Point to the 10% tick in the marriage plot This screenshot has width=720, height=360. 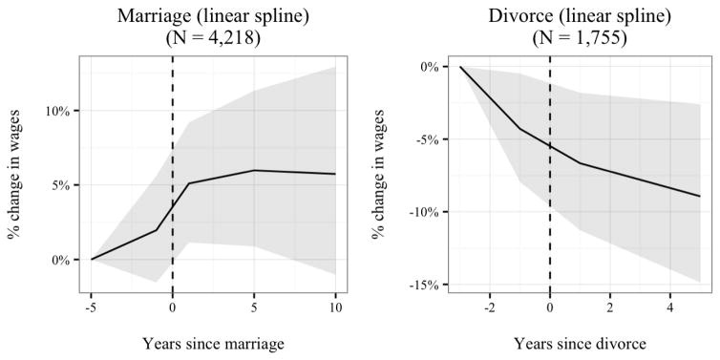pyautogui.click(x=57, y=111)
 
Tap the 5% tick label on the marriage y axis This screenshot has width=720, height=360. pyautogui.click(x=61, y=185)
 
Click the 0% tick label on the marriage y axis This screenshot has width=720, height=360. pyautogui.click(x=61, y=260)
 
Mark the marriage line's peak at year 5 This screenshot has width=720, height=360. pyautogui.click(x=254, y=170)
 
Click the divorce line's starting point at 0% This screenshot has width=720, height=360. pyautogui.click(x=460, y=67)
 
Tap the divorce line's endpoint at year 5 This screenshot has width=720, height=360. pyautogui.click(x=701, y=196)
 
